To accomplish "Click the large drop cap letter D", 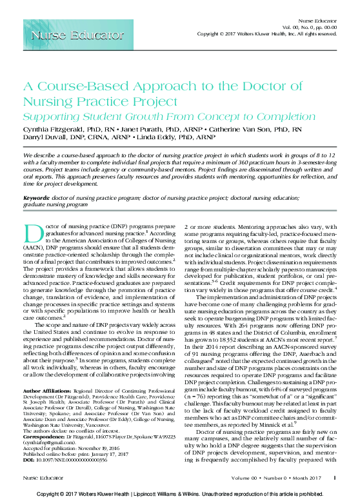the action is tap(32, 237).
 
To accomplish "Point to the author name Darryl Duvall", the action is tap(46, 137).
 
